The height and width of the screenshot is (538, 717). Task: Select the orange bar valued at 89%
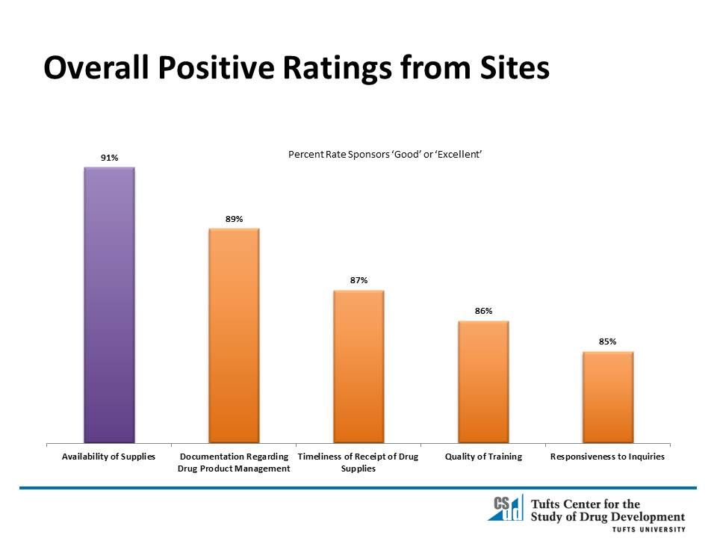[234, 336]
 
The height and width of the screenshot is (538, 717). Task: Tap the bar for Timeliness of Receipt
[358, 366]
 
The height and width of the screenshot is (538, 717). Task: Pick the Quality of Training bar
[483, 382]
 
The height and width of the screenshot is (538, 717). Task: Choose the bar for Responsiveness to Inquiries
[608, 397]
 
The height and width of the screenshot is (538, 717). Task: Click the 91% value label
[110, 158]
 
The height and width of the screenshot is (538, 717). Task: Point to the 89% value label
[234, 219]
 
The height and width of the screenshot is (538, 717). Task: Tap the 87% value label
[358, 280]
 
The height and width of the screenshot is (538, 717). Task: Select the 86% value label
[483, 311]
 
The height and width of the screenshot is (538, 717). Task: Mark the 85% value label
[607, 341]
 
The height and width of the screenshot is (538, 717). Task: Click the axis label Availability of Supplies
[109, 456]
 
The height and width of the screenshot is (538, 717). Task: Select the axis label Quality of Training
[483, 456]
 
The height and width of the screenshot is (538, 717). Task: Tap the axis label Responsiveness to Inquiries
[607, 456]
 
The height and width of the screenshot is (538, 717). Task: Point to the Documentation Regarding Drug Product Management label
[234, 463]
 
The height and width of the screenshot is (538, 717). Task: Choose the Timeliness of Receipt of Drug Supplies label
[358, 463]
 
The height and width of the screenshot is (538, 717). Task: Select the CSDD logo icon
[505, 508]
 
